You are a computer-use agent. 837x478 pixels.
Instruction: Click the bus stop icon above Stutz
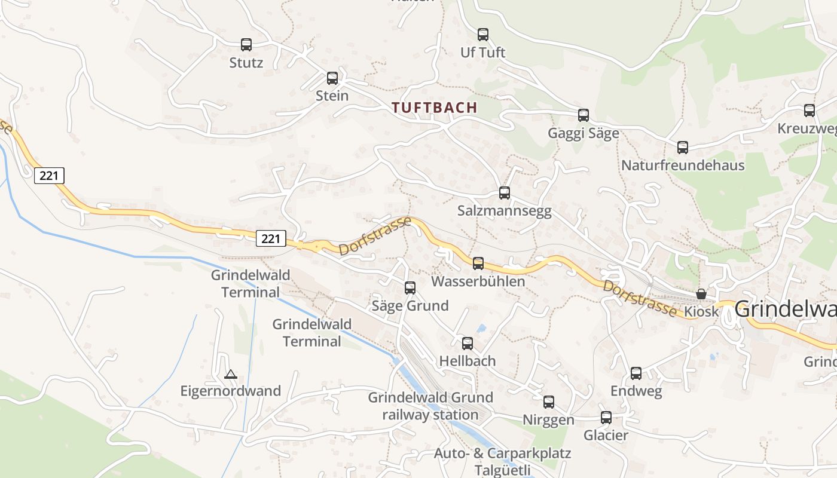click(x=246, y=44)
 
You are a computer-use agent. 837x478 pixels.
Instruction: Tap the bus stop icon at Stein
click(x=332, y=78)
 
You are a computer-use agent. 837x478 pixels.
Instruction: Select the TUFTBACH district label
click(x=434, y=108)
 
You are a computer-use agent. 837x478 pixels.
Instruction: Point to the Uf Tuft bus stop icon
click(x=482, y=35)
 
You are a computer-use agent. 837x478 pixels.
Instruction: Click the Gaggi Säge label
click(x=583, y=133)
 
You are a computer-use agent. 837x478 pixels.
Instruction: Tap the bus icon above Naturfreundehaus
click(x=682, y=148)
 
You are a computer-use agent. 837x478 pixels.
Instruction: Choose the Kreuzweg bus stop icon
click(x=809, y=111)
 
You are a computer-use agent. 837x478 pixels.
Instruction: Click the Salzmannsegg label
click(x=504, y=211)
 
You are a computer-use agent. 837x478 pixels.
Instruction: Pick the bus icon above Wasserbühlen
click(x=478, y=263)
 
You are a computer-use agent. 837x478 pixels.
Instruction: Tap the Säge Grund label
click(x=410, y=306)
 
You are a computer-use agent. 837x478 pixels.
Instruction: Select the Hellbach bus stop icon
click(x=467, y=344)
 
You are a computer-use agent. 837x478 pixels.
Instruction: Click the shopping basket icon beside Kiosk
click(x=701, y=294)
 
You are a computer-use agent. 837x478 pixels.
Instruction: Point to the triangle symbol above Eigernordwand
click(x=230, y=375)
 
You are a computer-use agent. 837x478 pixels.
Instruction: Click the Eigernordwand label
click(x=230, y=391)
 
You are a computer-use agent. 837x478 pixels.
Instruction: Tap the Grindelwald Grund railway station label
click(x=430, y=406)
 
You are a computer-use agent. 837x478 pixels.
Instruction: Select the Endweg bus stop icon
click(x=636, y=373)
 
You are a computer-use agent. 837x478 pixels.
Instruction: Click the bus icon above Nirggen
click(x=548, y=402)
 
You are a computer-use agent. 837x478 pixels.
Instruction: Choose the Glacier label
click(x=606, y=435)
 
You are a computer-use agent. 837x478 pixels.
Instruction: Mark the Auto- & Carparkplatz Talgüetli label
click(x=502, y=461)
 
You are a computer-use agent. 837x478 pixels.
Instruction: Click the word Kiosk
click(x=701, y=312)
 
